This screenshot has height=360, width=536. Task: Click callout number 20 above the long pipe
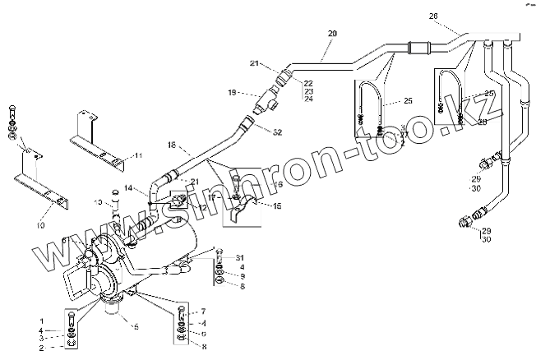click(x=333, y=33)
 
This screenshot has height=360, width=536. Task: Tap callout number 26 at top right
click(x=434, y=16)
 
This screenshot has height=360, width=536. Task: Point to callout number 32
click(x=278, y=132)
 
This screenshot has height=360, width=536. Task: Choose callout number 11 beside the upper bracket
click(x=138, y=155)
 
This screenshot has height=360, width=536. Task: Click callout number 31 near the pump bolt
click(x=240, y=257)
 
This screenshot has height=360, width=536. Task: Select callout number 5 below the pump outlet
click(x=136, y=326)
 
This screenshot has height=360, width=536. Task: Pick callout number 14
click(x=139, y=188)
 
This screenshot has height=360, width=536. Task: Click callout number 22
click(x=308, y=83)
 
